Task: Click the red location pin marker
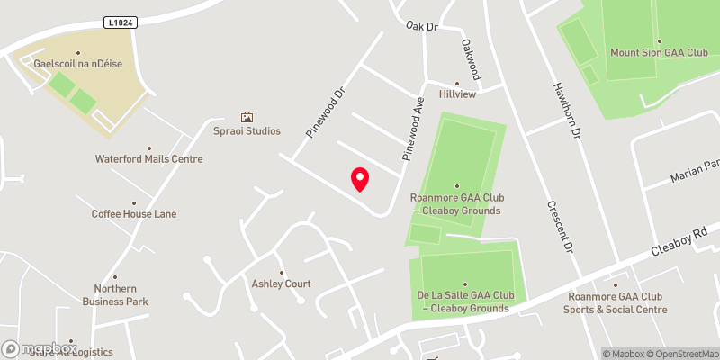[360, 179]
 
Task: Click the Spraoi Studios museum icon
[247, 117]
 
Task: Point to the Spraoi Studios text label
[247, 131]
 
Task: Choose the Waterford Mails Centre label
[149, 159]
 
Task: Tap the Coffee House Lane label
[134, 214]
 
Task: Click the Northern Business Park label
[121, 295]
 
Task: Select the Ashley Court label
[281, 283]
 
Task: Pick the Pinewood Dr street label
[326, 112]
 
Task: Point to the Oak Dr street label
[421, 27]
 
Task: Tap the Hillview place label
[456, 94]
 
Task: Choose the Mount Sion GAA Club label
[659, 53]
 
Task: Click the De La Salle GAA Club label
[464, 301]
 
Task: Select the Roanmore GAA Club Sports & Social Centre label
[616, 302]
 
